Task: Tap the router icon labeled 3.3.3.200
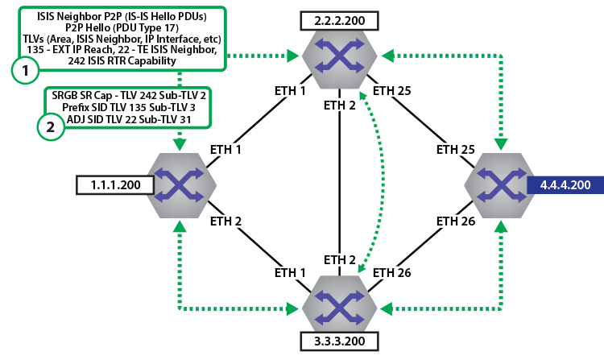339,307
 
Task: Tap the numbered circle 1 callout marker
26,71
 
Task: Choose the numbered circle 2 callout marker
51,127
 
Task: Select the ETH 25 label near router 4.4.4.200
457,149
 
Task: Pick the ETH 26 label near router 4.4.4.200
457,220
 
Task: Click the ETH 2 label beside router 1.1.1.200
225,220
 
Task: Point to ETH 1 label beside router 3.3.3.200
288,273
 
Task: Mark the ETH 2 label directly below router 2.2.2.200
340,104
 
